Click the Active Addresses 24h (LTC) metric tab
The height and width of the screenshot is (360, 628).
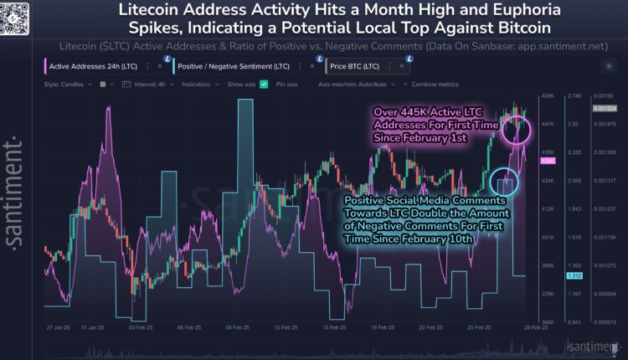90,65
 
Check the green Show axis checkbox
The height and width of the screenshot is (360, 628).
264,85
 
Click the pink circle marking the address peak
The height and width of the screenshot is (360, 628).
517,127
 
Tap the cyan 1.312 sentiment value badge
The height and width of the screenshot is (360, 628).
574,275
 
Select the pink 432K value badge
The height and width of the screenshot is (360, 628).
550,161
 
